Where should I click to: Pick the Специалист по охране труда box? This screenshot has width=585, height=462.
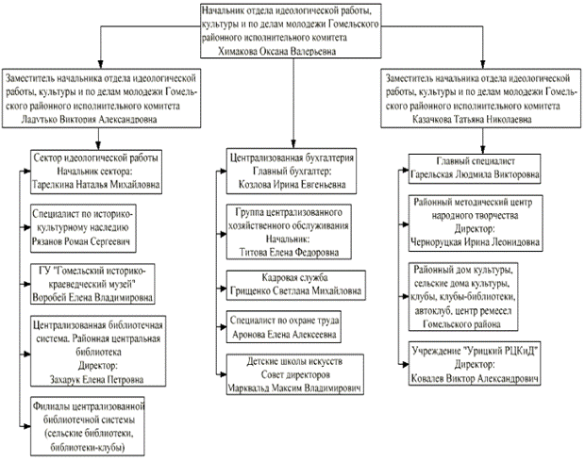pos(283,327)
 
